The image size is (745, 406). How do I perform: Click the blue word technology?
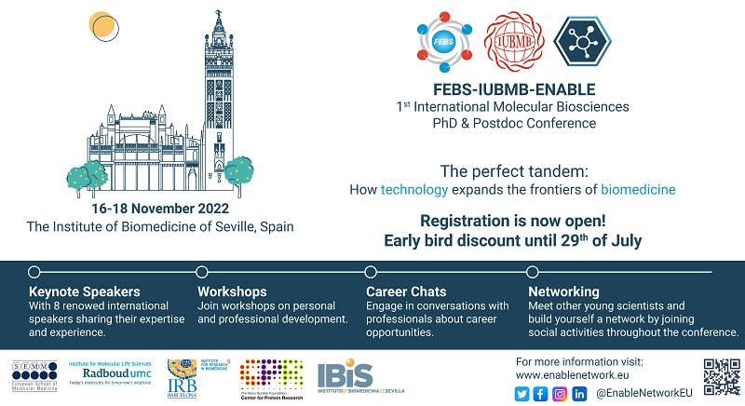click(414, 190)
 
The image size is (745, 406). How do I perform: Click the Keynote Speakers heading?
click(82, 291)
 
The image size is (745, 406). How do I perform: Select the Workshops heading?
click(232, 291)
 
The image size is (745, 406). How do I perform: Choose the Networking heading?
click(563, 291)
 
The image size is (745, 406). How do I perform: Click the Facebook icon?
click(540, 394)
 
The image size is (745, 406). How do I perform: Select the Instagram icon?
click(560, 394)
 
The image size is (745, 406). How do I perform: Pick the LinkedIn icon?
click(579, 394)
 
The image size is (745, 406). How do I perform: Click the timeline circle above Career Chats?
click(371, 272)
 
